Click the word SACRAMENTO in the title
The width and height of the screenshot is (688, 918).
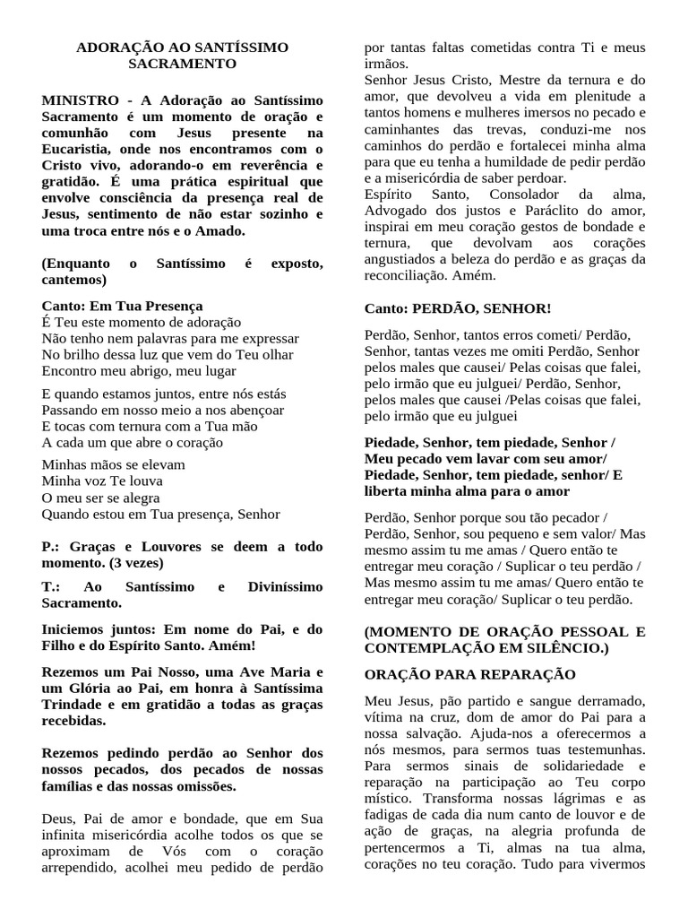pos(182,65)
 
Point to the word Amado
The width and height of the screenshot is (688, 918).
pos(216,230)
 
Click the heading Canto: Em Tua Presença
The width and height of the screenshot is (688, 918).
pos(122,306)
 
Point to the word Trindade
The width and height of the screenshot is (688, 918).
pos(73,704)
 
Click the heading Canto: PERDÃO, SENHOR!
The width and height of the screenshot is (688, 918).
pos(458,308)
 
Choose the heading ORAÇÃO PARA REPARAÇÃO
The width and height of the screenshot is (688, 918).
pos(469,673)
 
